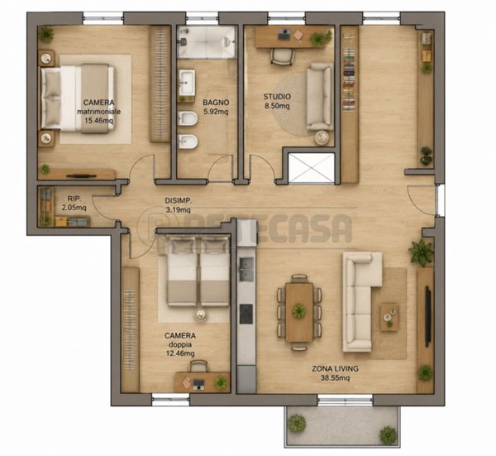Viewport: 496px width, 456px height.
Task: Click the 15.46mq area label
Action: (98, 121)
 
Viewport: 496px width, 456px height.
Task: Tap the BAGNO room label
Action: (216, 103)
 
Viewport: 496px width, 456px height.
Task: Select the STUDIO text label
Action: (277, 97)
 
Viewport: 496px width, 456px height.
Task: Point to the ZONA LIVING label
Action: (335, 368)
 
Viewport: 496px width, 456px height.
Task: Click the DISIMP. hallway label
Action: (178, 200)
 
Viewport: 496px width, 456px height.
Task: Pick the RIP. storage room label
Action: (74, 199)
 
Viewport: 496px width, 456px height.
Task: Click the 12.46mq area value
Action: (180, 353)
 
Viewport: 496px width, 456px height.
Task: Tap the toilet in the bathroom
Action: (188, 118)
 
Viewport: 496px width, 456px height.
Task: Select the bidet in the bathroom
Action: (188, 142)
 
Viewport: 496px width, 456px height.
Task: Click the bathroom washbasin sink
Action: (188, 83)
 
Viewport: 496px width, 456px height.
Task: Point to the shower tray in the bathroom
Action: (207, 42)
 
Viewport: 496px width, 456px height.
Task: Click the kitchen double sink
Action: (246, 269)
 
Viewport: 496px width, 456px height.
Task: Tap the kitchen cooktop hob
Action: (246, 314)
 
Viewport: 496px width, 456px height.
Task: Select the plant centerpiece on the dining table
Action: (298, 311)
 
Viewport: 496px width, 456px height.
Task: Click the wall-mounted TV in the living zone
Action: (427, 316)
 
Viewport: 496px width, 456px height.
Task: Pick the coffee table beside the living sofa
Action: (389, 317)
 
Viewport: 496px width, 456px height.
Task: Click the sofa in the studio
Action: (319, 97)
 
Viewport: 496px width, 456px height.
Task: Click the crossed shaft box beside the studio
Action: (312, 168)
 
